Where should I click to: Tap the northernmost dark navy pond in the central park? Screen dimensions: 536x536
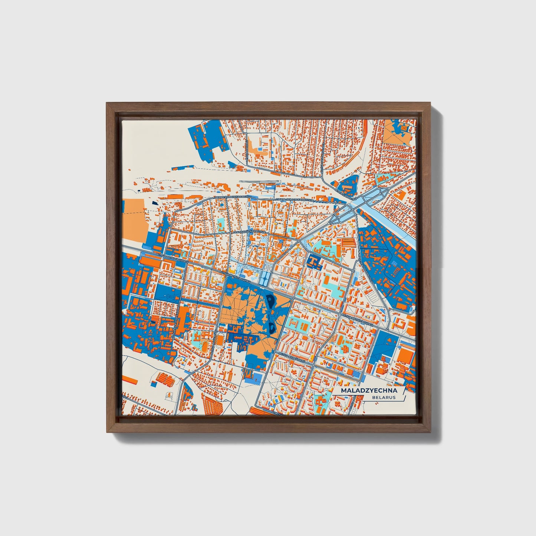coord(270,299)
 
